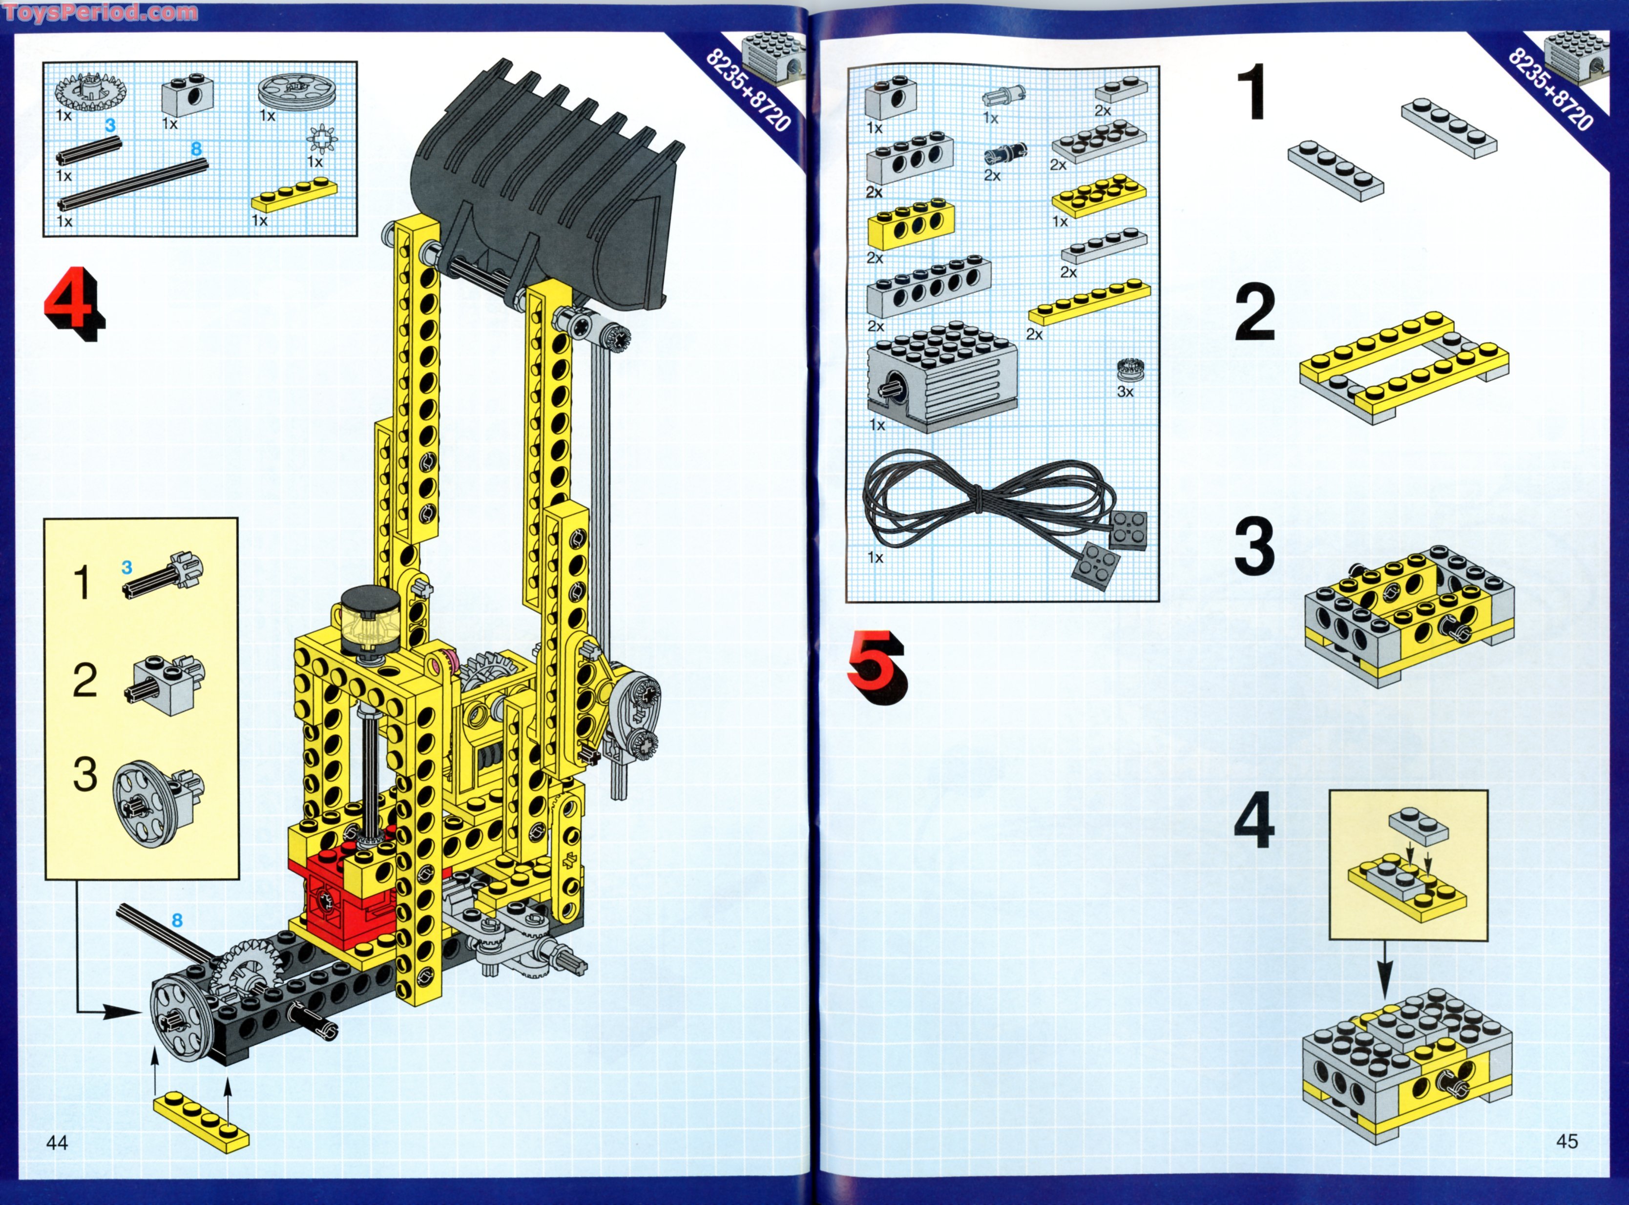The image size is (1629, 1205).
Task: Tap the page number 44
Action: [x=57, y=1143]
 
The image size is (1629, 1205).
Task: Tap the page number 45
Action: [x=1567, y=1141]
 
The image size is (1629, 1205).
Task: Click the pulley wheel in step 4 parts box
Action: [x=289, y=93]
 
